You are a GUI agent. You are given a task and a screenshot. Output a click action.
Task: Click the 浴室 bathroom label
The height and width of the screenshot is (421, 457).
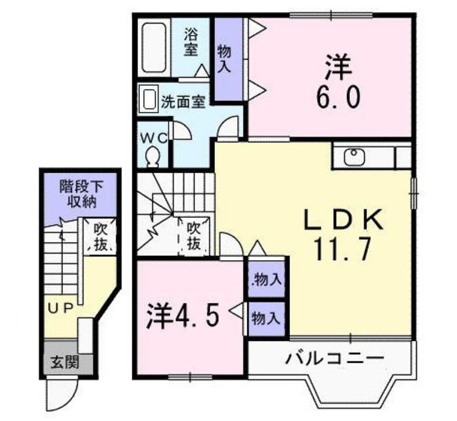(x=191, y=41)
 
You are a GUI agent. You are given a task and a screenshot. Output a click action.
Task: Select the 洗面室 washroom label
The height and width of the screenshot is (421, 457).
(x=183, y=101)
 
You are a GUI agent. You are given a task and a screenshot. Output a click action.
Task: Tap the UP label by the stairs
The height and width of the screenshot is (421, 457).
(x=62, y=308)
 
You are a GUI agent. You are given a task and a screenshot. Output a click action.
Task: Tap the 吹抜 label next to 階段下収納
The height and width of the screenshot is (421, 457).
(x=100, y=238)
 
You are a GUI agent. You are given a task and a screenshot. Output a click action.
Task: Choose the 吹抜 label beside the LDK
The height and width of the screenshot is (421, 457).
(x=194, y=237)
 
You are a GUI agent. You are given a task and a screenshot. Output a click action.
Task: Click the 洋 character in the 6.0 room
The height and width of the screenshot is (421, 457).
(x=336, y=66)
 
